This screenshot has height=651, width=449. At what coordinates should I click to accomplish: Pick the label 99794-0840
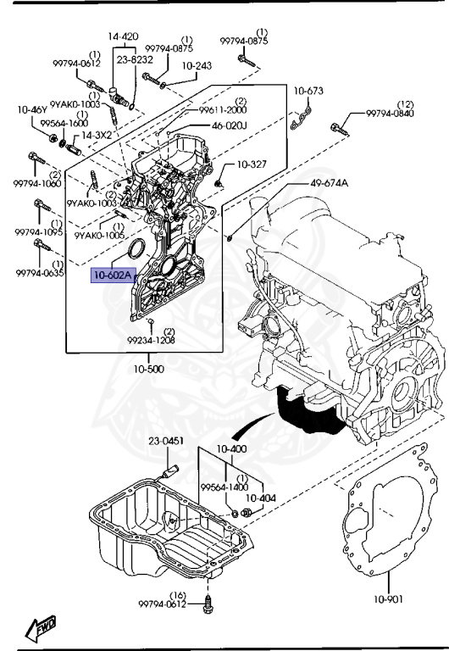pos(391,114)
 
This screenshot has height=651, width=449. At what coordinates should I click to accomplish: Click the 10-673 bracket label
pos(308,91)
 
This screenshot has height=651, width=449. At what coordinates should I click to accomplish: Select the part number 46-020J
pos(229,125)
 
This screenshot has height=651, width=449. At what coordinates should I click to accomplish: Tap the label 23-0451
pos(167,441)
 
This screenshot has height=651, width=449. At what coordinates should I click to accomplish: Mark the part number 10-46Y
pos(33,109)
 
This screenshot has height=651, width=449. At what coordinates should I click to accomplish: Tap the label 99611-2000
pos(224,110)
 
